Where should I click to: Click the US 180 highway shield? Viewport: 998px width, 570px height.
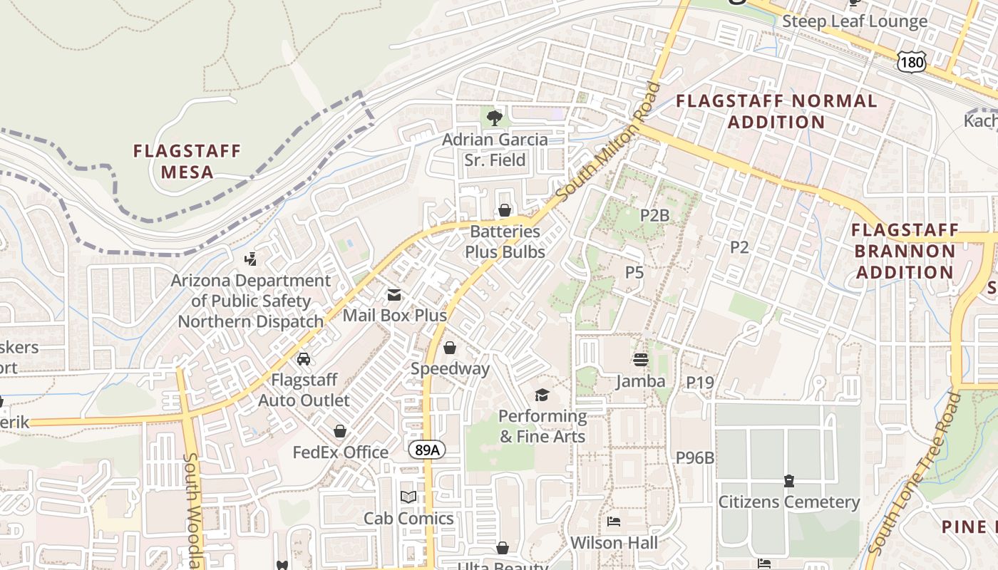[912, 63]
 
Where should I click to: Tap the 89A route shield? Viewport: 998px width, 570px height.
[427, 450]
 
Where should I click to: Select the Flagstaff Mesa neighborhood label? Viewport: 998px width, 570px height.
[187, 161]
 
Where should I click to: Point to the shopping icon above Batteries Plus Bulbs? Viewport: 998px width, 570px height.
[505, 210]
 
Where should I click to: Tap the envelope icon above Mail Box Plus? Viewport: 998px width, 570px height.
[393, 295]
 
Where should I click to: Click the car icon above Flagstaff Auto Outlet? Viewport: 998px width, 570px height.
[304, 358]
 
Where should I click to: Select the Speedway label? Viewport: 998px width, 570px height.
[450, 368]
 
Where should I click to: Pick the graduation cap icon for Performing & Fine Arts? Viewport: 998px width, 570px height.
[542, 395]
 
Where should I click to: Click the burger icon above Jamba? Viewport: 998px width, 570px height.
[640, 360]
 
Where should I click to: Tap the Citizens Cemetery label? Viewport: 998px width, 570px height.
[788, 502]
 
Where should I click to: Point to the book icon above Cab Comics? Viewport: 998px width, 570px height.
[408, 497]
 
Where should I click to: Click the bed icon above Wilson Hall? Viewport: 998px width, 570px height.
[613, 522]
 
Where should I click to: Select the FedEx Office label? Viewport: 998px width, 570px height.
[341, 452]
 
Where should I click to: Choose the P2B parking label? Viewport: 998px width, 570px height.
[654, 215]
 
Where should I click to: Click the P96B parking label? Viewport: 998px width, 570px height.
[694, 458]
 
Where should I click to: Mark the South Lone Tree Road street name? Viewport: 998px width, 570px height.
[915, 473]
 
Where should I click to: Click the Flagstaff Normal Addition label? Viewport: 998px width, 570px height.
[776, 111]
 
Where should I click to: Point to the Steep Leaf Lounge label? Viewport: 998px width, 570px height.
[855, 21]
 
